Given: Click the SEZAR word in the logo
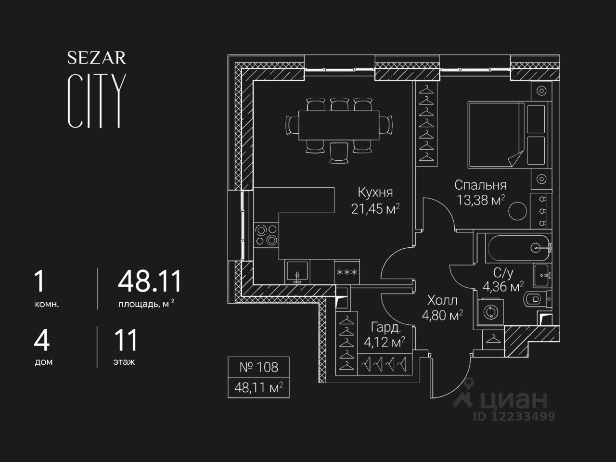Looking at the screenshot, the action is click(x=96, y=58).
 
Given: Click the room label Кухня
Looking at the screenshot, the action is click(x=375, y=192).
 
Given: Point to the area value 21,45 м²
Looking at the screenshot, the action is click(x=375, y=209).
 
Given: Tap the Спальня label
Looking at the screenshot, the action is click(x=480, y=185).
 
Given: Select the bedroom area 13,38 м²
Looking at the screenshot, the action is click(x=481, y=200).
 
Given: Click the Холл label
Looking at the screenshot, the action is click(x=442, y=301).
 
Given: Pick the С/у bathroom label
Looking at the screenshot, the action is click(x=503, y=273).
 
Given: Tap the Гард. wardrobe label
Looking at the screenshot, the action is click(x=386, y=328).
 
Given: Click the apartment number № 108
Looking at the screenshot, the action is click(x=258, y=367).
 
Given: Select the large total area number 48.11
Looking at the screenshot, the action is click(x=150, y=282).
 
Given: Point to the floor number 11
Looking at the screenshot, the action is click(x=126, y=340).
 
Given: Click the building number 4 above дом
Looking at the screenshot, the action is click(x=42, y=340).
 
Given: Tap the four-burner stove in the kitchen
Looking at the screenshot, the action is click(x=266, y=235).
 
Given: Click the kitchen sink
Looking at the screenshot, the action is click(x=298, y=272).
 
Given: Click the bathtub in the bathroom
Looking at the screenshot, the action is click(x=518, y=248).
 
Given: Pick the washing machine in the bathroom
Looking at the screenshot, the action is click(x=490, y=312).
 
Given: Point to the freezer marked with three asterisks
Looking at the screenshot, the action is click(x=346, y=272).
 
